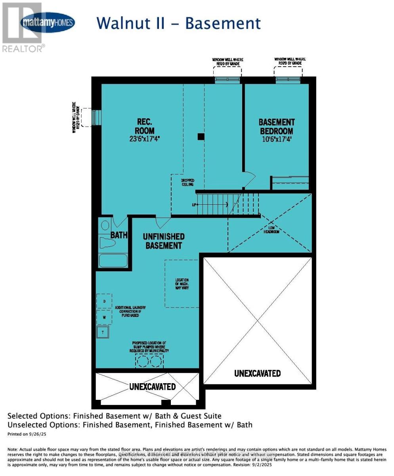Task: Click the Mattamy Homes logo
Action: (x=48, y=23)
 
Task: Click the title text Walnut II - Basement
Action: (x=179, y=23)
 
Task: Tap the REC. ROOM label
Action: (x=144, y=126)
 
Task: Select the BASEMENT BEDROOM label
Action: (x=277, y=126)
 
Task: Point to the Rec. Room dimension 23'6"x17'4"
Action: (x=144, y=138)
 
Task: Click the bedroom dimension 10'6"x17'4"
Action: (x=277, y=139)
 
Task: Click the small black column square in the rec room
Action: (x=201, y=137)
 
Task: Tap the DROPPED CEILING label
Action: (x=187, y=183)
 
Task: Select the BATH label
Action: (x=119, y=235)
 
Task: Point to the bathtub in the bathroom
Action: (x=113, y=261)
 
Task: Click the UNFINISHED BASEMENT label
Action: (x=164, y=241)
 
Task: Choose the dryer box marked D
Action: (x=104, y=301)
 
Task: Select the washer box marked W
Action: (x=104, y=317)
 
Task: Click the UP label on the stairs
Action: (x=194, y=205)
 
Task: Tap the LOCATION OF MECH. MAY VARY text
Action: (x=182, y=284)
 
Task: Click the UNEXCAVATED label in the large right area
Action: (x=257, y=373)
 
